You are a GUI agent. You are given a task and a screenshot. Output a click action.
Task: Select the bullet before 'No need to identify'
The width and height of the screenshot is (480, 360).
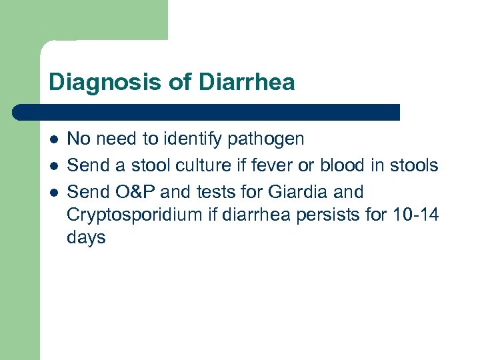click(53, 139)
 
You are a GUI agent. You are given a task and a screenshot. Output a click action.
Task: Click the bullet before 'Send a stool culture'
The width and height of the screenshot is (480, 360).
click(53, 166)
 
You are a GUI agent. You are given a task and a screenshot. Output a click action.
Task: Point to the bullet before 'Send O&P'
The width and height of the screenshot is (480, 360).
click(53, 193)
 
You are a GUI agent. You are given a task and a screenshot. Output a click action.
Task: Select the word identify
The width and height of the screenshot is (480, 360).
click(199, 139)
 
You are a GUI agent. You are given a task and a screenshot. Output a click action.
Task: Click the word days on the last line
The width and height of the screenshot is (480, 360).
click(87, 238)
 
